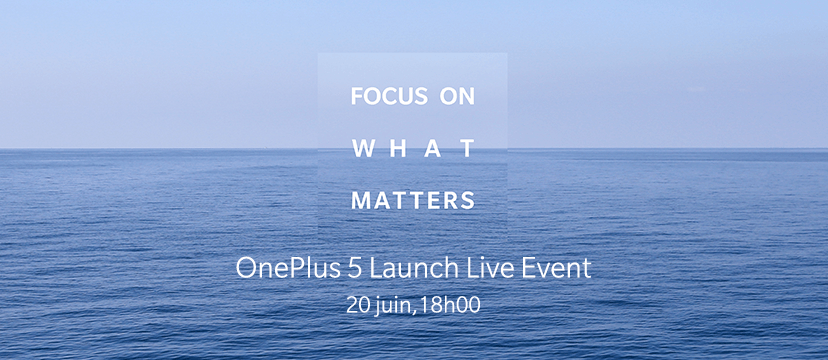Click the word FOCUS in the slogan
click(389, 96)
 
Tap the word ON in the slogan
click(457, 96)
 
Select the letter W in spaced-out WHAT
click(363, 148)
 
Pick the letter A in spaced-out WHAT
click(433, 148)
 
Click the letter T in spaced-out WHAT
click(467, 148)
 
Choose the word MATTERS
click(413, 201)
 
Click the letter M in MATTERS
click(361, 201)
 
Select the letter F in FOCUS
click(357, 96)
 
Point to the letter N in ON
click(467, 96)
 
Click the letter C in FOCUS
click(390, 96)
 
